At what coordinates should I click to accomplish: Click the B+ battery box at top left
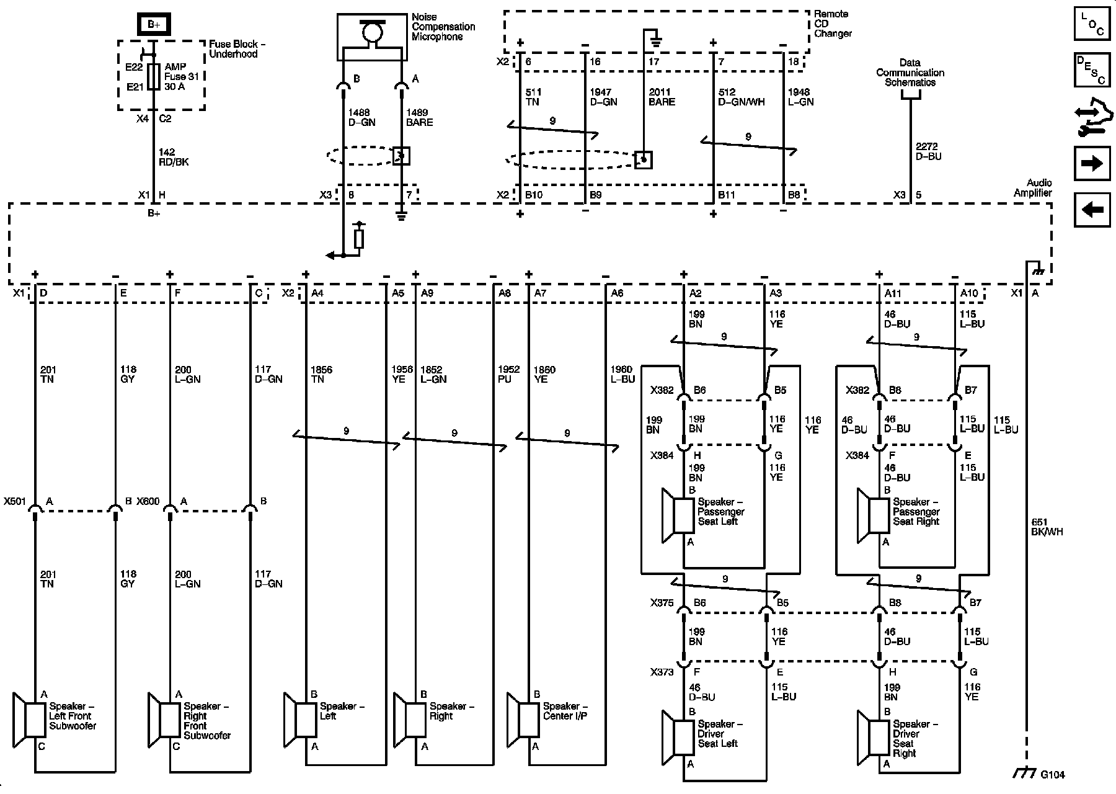pos(153,25)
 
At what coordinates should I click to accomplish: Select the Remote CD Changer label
pos(833,24)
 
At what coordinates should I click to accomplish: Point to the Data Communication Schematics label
pos(910,73)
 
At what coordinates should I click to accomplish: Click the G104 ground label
pos(1052,775)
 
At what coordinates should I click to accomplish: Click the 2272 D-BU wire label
pos(928,151)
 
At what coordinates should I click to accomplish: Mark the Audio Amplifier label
pos(1032,188)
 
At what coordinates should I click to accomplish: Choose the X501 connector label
pos(14,501)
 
